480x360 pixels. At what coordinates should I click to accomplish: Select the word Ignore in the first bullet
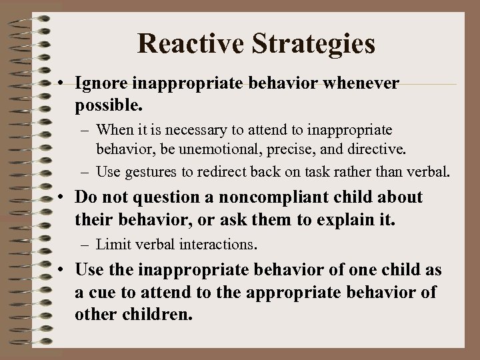101,83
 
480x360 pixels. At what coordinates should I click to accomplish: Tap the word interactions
216,244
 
